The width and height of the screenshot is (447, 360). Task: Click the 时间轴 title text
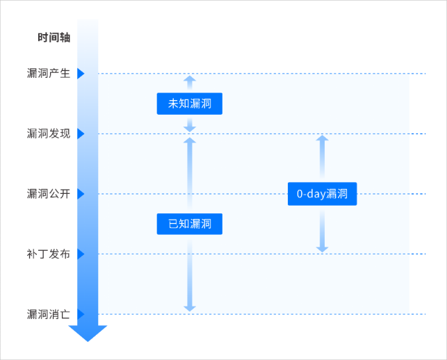pos(54,38)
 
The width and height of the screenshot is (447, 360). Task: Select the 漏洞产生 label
pos(49,74)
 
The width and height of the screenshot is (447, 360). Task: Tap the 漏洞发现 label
pos(49,133)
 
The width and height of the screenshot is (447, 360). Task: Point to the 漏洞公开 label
pos(49,194)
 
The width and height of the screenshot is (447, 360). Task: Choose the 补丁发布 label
pos(49,254)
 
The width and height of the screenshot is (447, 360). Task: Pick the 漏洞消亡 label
pos(49,314)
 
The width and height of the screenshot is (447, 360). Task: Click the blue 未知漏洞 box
pos(189,104)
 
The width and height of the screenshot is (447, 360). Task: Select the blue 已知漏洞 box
pos(189,224)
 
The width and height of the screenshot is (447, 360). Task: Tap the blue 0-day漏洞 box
pos(322,194)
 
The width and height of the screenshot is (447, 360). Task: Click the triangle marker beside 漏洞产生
pos(81,74)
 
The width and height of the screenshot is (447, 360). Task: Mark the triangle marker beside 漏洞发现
pos(81,133)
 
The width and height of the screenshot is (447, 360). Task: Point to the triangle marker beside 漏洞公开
pos(81,194)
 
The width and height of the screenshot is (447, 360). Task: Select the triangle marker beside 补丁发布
pos(81,254)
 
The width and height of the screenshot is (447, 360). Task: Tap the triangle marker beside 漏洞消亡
pos(81,314)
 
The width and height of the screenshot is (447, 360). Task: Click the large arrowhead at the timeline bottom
pos(88,333)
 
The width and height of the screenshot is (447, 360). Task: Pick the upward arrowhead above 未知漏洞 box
pos(189,79)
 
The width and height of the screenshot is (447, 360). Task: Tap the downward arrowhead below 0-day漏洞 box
pos(322,248)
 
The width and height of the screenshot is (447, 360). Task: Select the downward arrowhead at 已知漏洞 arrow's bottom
pos(189,308)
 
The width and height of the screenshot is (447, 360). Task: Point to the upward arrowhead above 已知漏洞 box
pos(189,141)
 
